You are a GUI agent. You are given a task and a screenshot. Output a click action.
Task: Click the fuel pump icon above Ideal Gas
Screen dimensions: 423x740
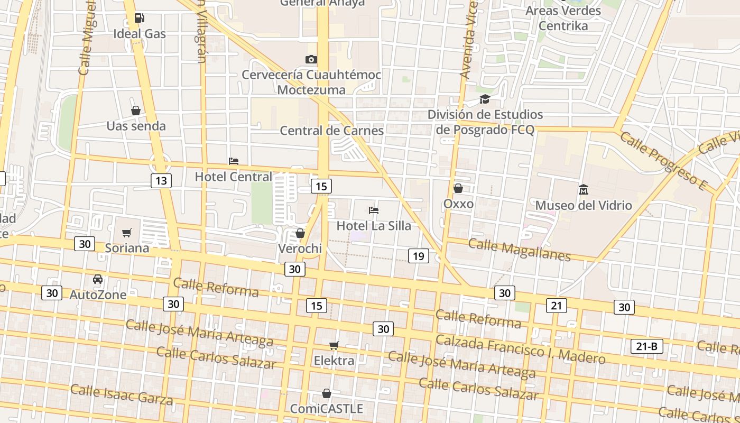point(140,18)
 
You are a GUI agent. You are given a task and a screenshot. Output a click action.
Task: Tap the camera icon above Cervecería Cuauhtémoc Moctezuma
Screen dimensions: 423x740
point(311,59)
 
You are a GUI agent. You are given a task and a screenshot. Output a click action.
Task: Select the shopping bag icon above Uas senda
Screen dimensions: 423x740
point(136,111)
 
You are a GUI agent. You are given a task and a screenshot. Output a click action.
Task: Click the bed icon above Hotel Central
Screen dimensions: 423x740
point(234,161)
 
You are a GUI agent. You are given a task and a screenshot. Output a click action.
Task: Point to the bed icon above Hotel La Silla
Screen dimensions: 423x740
point(374,210)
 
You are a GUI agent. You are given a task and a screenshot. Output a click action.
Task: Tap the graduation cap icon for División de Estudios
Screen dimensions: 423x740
point(485,99)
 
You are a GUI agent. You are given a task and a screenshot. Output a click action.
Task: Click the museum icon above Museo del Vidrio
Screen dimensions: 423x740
point(584,189)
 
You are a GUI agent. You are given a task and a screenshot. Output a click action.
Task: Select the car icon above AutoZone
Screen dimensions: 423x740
point(98,279)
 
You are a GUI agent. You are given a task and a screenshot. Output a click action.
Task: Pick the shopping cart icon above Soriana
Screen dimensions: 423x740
point(127,233)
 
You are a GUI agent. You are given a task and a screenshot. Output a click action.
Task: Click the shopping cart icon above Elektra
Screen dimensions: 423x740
point(334,345)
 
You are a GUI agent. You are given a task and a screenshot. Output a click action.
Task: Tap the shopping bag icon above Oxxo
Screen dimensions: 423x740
point(458,188)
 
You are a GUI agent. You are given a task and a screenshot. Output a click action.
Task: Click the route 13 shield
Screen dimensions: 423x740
point(161,181)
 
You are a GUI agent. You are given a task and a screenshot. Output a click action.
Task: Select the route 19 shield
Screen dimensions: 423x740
point(418,256)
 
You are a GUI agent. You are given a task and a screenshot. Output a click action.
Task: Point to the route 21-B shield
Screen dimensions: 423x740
point(647,347)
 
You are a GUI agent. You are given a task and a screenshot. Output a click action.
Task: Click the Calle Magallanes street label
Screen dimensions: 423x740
point(520,250)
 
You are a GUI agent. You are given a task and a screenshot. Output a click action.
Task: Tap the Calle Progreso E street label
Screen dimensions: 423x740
point(663,160)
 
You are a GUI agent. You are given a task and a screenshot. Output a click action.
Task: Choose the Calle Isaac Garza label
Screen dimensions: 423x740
point(122,394)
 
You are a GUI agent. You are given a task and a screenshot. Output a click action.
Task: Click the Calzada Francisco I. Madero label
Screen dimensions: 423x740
point(520,350)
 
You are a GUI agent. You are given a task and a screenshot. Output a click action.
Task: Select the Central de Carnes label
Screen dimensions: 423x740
point(331,130)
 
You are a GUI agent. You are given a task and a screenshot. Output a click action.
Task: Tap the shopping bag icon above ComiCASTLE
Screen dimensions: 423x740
point(327,393)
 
